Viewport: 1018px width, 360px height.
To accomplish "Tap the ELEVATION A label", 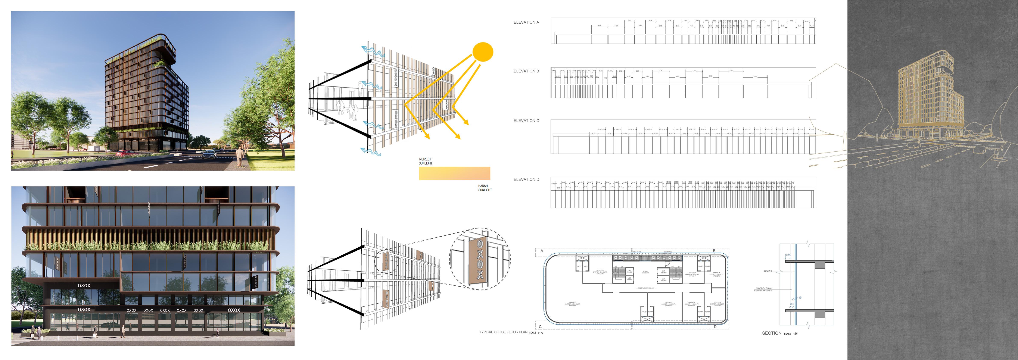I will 526,22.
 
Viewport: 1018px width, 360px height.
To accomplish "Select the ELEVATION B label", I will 526,71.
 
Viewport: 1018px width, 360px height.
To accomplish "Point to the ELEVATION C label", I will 526,120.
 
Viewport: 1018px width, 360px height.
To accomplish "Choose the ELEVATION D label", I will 526,179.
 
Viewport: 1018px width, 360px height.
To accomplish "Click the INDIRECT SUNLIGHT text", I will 425,161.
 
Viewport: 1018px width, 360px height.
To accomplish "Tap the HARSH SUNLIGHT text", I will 485,188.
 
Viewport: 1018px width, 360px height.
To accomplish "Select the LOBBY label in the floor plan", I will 645,272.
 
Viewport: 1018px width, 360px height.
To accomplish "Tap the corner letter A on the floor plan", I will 542,251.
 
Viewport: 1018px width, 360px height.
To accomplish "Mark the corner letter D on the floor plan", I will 715,327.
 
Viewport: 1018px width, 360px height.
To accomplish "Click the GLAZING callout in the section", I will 768,271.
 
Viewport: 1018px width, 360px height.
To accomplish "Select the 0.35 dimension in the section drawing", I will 788,255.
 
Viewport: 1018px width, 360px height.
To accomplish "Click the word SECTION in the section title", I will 771,333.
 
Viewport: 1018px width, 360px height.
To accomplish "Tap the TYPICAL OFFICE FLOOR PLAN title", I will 503,332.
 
